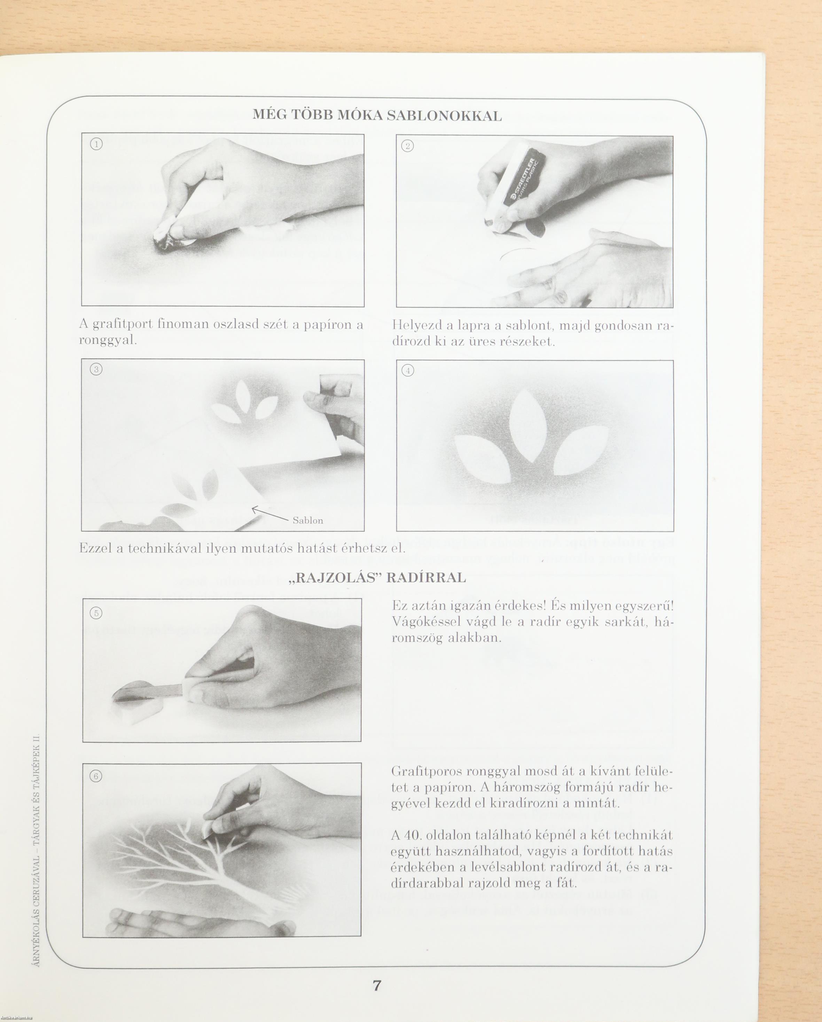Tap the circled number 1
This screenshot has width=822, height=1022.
[96, 145]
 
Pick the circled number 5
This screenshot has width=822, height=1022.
[96, 613]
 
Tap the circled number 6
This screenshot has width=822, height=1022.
[96, 776]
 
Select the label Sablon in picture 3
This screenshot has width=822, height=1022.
[308, 520]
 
